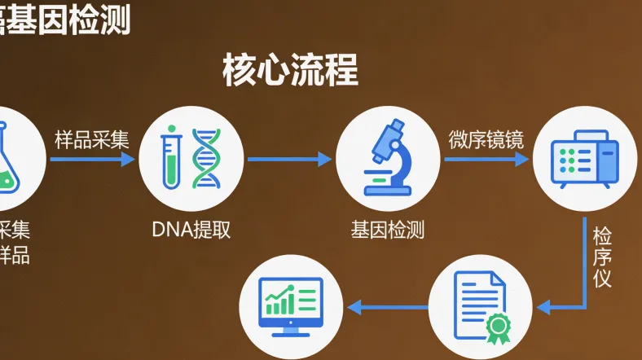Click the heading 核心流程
[x=290, y=72]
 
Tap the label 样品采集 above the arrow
[x=92, y=139]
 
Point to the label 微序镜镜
[x=486, y=139]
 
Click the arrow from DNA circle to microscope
[x=289, y=159]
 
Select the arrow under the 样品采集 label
[x=92, y=159]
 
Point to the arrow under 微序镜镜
[x=486, y=159]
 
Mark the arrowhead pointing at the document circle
[x=544, y=307]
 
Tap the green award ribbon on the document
[x=496, y=327]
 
